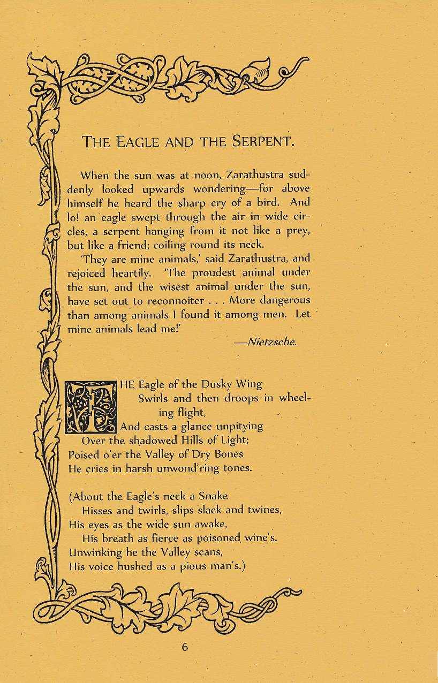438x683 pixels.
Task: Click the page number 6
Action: pyautogui.click(x=185, y=647)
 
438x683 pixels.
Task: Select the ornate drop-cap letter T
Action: pyautogui.click(x=90, y=407)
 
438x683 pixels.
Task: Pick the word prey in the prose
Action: pyautogui.click(x=298, y=231)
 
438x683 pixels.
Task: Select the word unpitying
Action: pyautogui.click(x=235, y=427)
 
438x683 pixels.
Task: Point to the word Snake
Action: pyautogui.click(x=213, y=496)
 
